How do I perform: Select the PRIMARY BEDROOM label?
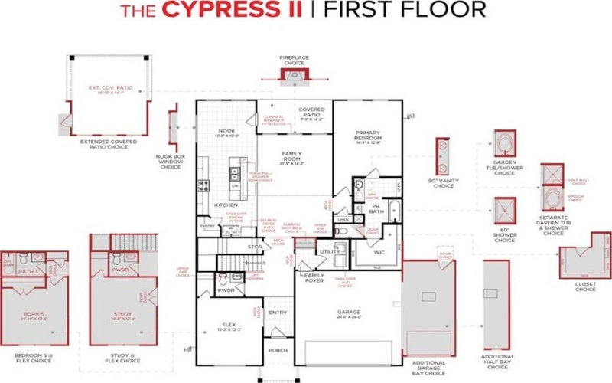pos(367,135)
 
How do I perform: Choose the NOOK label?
pos(226,131)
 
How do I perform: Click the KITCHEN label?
pos(226,205)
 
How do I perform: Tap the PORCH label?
pos(277,351)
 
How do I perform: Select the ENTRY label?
pos(278,313)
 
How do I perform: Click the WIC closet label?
pos(379,251)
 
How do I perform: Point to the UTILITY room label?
pos(330,251)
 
